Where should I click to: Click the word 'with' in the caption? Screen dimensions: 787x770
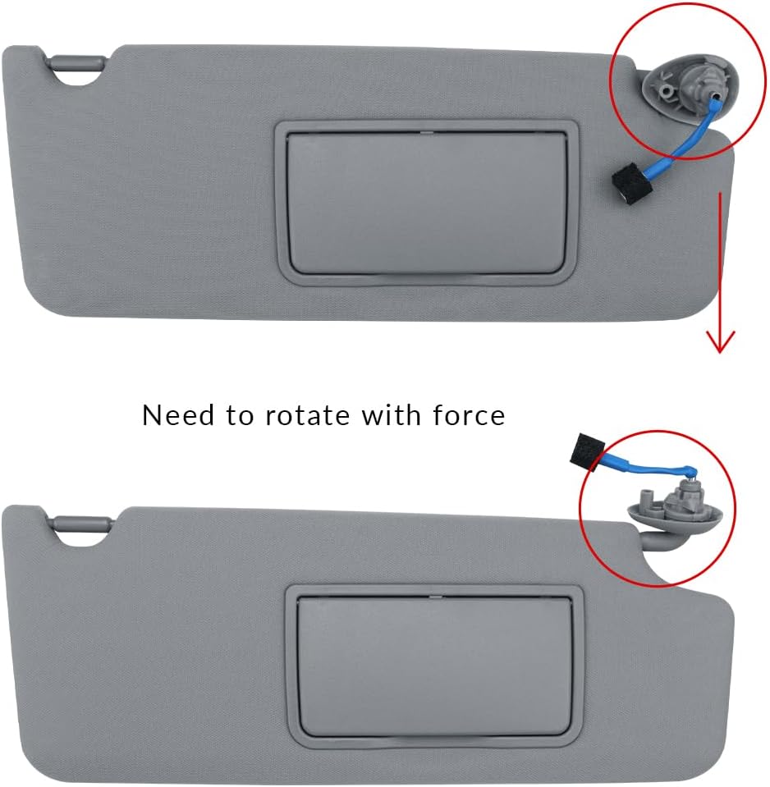[392, 415]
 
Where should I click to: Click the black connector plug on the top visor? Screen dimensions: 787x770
[630, 182]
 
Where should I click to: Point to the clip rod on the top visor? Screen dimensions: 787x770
[78, 62]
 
